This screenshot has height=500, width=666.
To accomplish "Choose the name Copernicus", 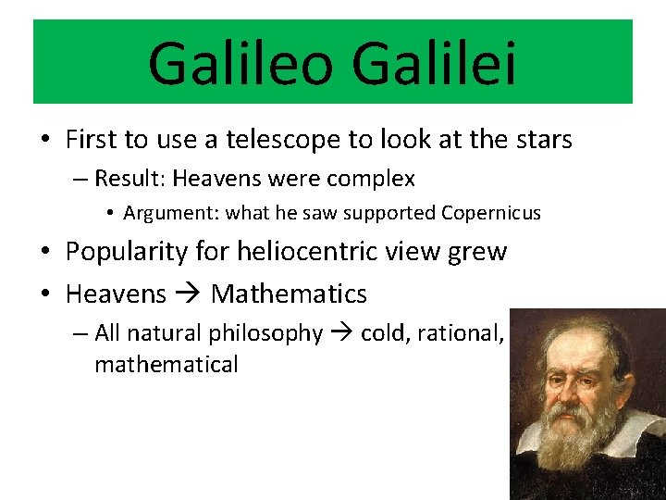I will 490,213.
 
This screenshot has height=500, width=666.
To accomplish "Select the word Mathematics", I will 289,294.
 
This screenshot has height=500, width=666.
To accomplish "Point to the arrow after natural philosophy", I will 341,333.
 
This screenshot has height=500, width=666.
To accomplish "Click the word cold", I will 384,333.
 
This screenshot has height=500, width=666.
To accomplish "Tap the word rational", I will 460,333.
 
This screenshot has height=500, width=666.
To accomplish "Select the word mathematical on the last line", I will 166,365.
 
